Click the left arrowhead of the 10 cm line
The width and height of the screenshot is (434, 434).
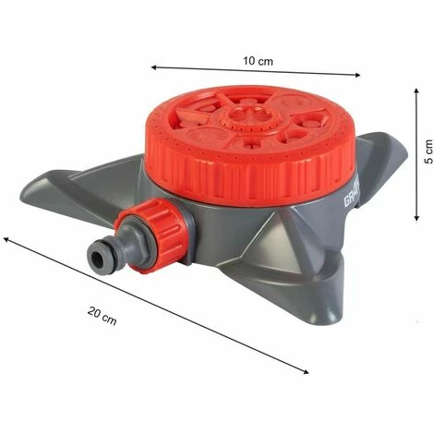tap(154, 67)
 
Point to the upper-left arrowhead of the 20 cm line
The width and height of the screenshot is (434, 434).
tap(7, 238)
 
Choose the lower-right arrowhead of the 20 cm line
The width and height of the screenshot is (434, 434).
tap(307, 371)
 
